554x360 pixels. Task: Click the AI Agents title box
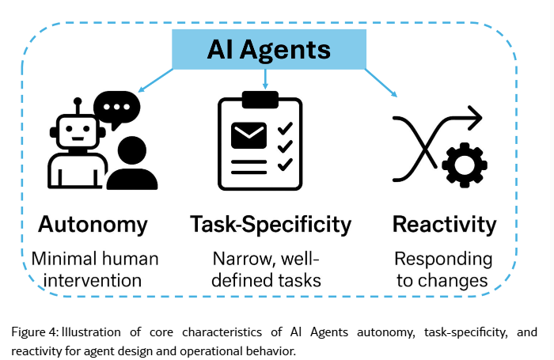268,51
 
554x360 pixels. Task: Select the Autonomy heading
93,224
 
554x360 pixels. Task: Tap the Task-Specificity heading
271,224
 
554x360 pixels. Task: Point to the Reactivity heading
444,224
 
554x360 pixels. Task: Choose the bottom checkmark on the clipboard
286,164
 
